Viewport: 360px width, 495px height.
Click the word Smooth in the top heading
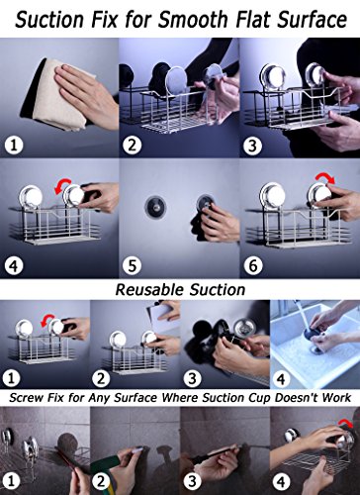(x=193, y=20)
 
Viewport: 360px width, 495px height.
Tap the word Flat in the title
(x=253, y=20)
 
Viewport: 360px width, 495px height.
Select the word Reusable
(x=149, y=290)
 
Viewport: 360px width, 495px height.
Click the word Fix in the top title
(x=105, y=20)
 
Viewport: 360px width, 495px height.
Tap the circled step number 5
(x=133, y=265)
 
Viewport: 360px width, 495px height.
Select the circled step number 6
(x=253, y=265)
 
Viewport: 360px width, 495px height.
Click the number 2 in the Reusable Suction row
(x=101, y=378)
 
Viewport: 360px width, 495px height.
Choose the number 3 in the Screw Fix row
(x=192, y=481)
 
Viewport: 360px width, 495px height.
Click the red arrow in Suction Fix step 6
(x=324, y=178)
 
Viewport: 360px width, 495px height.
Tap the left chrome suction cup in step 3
(x=273, y=77)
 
